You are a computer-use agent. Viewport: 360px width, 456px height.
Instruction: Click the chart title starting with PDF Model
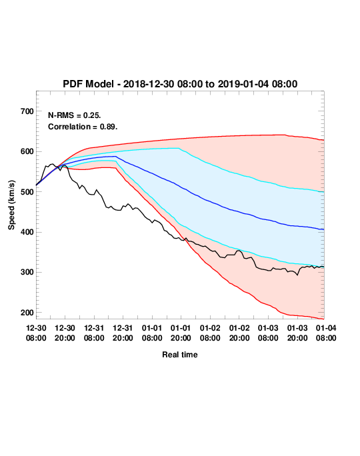click(x=180, y=84)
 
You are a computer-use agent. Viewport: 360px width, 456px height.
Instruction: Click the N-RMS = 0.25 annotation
click(x=75, y=115)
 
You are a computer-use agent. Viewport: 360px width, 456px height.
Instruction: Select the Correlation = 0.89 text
click(x=83, y=127)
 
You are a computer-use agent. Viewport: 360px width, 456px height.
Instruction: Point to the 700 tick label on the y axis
click(x=27, y=111)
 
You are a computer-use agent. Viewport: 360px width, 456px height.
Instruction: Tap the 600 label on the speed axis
click(x=27, y=151)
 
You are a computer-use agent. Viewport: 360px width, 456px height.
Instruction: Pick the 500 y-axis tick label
click(x=27, y=192)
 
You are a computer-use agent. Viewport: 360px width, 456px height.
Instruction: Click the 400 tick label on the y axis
click(x=27, y=232)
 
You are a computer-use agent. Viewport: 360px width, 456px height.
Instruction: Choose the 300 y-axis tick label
click(x=27, y=273)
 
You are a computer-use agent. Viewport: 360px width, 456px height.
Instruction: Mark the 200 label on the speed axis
click(x=27, y=313)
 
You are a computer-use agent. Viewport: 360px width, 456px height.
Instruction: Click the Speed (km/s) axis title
click(x=11, y=205)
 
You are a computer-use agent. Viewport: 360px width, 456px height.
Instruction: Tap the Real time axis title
click(x=180, y=355)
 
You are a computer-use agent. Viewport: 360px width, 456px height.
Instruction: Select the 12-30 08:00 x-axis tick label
click(x=36, y=333)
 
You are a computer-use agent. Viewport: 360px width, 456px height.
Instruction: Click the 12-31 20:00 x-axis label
click(x=123, y=333)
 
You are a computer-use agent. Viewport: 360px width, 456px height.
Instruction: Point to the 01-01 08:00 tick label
click(x=152, y=333)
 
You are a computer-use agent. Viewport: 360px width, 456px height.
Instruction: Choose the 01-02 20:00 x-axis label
click(x=239, y=333)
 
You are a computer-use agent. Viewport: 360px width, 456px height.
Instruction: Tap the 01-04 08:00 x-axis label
click(x=326, y=333)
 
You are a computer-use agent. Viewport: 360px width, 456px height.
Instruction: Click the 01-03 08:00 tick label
click(x=268, y=333)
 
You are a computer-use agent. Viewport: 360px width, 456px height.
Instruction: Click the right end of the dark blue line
click(x=324, y=229)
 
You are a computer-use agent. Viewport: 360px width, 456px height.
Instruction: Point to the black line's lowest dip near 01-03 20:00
click(x=297, y=275)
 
